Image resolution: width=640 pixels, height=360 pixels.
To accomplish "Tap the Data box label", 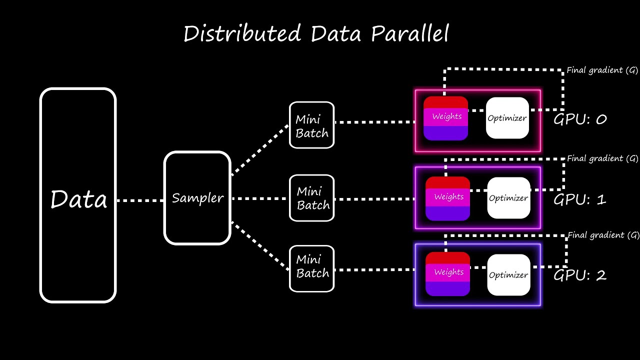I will click(x=78, y=199).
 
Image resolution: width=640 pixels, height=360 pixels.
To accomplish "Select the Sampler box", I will click(x=197, y=198).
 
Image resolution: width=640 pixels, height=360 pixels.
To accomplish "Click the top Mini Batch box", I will click(x=311, y=125).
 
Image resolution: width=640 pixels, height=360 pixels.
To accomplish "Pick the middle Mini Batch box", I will click(x=311, y=198).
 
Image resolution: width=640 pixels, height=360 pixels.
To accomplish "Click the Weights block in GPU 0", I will click(x=445, y=118).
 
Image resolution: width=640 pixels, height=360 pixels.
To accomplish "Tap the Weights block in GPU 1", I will click(x=447, y=198).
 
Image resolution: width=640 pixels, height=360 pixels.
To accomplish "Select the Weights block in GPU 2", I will click(x=447, y=273).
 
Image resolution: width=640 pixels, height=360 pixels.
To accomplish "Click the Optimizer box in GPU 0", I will click(x=507, y=118).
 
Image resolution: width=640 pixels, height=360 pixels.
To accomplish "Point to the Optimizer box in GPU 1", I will click(x=508, y=198).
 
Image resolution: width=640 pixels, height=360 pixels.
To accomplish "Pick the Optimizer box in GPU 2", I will click(x=508, y=274).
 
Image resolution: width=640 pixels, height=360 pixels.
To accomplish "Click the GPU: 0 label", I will click(x=580, y=119).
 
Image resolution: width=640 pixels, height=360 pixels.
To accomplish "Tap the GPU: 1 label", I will click(x=580, y=199).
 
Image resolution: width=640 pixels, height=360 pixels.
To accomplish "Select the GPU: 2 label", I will click(x=580, y=275).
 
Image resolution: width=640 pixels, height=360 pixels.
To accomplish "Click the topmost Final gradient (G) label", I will click(x=602, y=70).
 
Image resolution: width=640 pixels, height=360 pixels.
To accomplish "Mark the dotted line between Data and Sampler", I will click(x=140, y=200).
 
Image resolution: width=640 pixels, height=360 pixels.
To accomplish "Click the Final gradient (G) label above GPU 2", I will click(x=603, y=235).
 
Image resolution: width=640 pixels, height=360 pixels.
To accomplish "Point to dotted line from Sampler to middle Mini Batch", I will click(x=260, y=198).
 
